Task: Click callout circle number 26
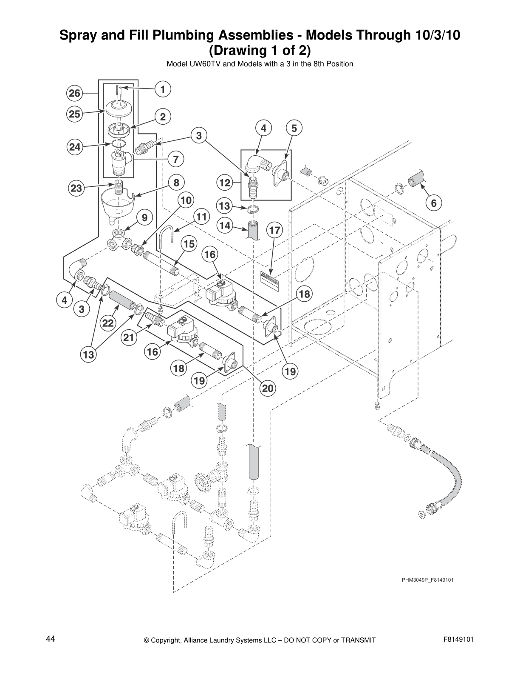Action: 74,93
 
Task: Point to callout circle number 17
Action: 275,231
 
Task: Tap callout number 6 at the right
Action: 433,203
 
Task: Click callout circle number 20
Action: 268,388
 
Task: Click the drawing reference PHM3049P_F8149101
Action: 424,580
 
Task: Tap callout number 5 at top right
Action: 294,128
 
